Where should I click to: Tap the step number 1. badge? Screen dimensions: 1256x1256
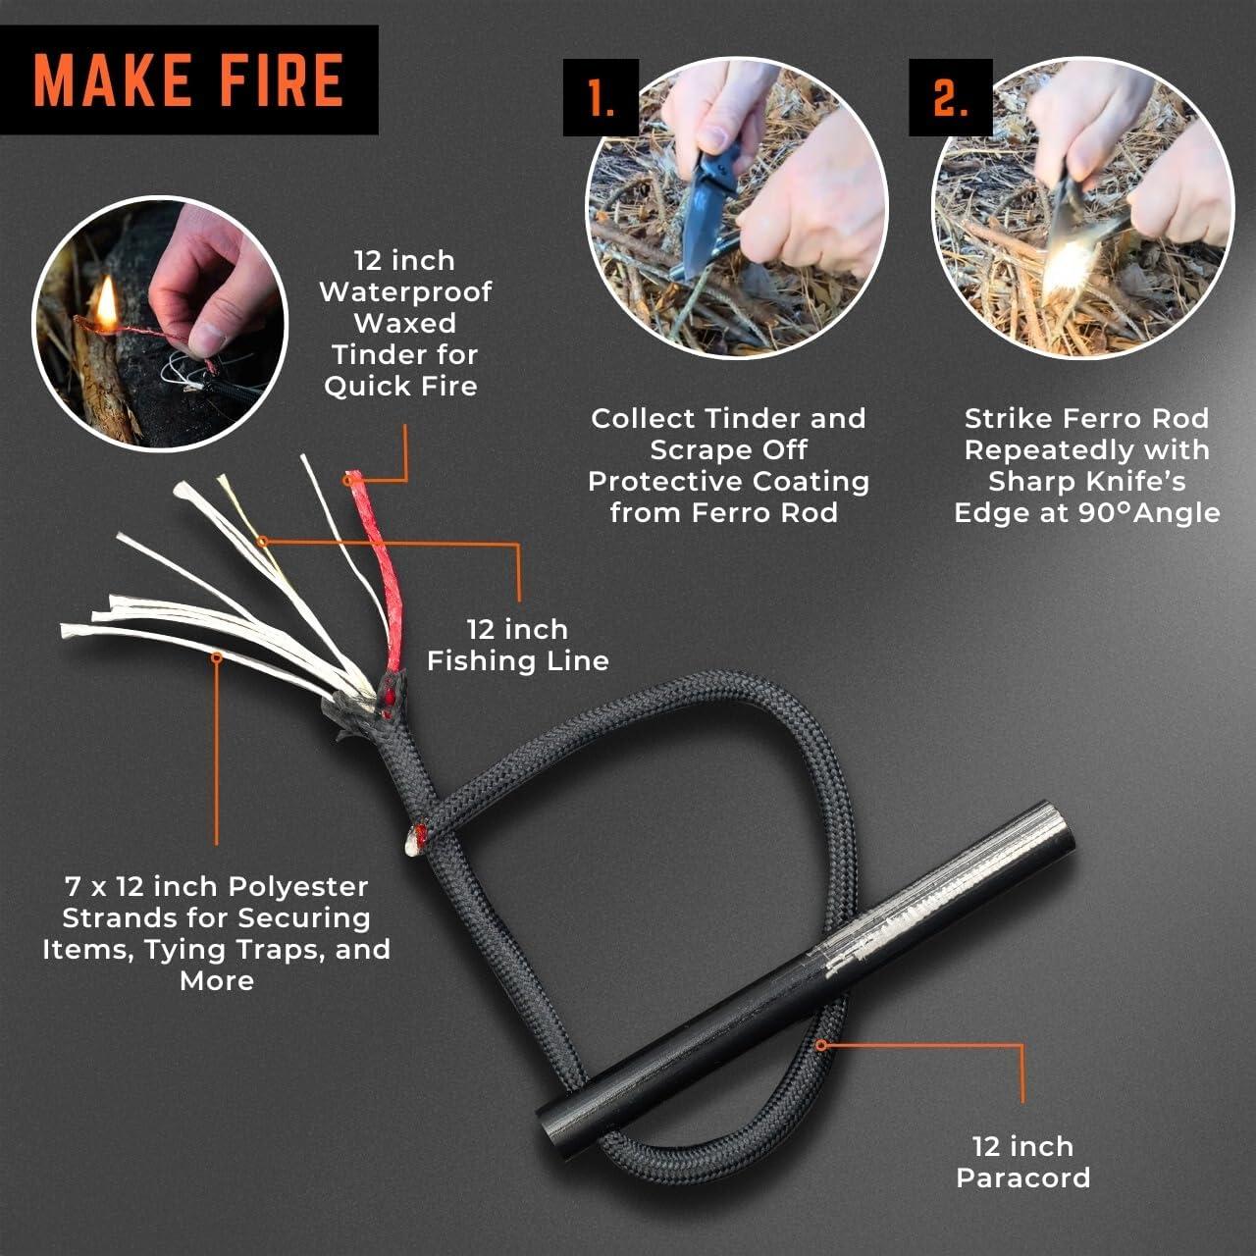click(601, 98)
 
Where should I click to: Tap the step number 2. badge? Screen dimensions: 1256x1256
click(948, 98)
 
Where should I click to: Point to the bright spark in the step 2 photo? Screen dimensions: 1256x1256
click(1065, 265)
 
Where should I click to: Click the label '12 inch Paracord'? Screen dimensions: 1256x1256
click(1022, 1162)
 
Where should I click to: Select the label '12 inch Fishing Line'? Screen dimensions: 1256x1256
click(517, 645)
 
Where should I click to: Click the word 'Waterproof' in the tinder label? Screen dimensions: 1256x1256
click(405, 291)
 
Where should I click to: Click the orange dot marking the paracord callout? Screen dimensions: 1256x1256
click(822, 1045)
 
